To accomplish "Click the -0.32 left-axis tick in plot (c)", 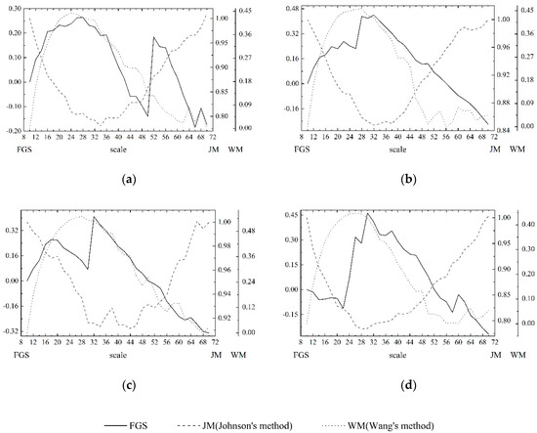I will (13, 333).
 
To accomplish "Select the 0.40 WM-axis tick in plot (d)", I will (516, 225).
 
